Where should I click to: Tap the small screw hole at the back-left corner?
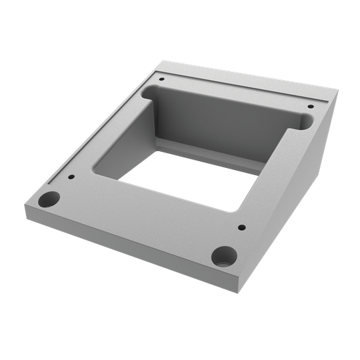tap(161, 79)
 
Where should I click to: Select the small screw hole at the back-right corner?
tap(310, 107)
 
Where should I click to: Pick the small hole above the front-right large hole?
tap(241, 227)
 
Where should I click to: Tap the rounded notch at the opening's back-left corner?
tap(148, 91)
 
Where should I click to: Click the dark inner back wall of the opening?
tap(225, 123)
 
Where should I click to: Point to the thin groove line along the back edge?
tap(246, 83)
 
